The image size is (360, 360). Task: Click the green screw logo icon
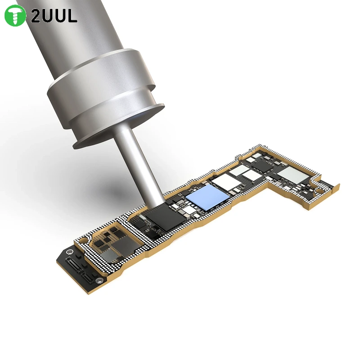15,15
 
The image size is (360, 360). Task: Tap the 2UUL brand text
54,16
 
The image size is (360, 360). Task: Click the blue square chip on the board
208,197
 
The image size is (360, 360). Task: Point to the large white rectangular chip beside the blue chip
226,180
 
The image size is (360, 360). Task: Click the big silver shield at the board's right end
293,175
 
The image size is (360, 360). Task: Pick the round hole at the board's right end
319,190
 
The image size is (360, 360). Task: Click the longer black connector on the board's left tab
74,264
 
